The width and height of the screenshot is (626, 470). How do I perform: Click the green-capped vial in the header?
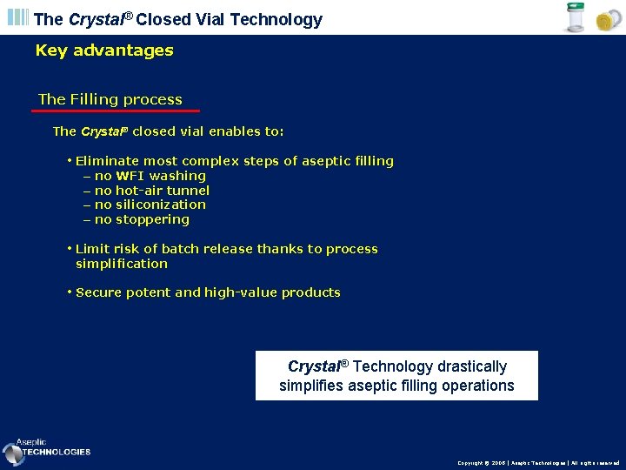pyautogui.click(x=575, y=17)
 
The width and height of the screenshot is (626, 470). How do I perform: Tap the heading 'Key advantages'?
pyautogui.click(x=104, y=50)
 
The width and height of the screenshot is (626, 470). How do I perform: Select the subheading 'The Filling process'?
pyautogui.click(x=110, y=99)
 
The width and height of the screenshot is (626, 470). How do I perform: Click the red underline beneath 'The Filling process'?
pyautogui.click(x=116, y=111)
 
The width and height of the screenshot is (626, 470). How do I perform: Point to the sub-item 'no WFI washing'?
pyautogui.click(x=150, y=176)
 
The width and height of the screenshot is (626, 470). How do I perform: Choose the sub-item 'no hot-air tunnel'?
pyautogui.click(x=151, y=191)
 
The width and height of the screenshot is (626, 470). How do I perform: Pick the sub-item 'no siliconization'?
pyautogui.click(x=150, y=205)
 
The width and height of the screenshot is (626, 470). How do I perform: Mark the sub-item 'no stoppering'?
pyautogui.click(x=142, y=219)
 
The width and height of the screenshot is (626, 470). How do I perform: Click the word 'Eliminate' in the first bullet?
pyautogui.click(x=108, y=161)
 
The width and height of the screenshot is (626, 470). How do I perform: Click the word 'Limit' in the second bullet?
pyautogui.click(x=92, y=249)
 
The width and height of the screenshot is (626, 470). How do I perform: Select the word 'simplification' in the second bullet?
pyautogui.click(x=122, y=264)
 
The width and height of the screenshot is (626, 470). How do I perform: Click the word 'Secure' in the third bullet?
pyautogui.click(x=98, y=292)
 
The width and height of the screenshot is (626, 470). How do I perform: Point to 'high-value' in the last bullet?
pyautogui.click(x=241, y=292)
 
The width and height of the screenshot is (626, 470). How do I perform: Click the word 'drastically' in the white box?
pyautogui.click(x=472, y=366)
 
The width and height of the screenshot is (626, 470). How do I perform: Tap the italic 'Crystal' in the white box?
pyautogui.click(x=314, y=366)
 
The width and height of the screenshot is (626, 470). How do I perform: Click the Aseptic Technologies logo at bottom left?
pyautogui.click(x=47, y=450)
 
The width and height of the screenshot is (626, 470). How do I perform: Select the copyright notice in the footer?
pyautogui.click(x=538, y=463)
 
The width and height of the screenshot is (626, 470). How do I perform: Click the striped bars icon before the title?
pyautogui.click(x=18, y=18)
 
